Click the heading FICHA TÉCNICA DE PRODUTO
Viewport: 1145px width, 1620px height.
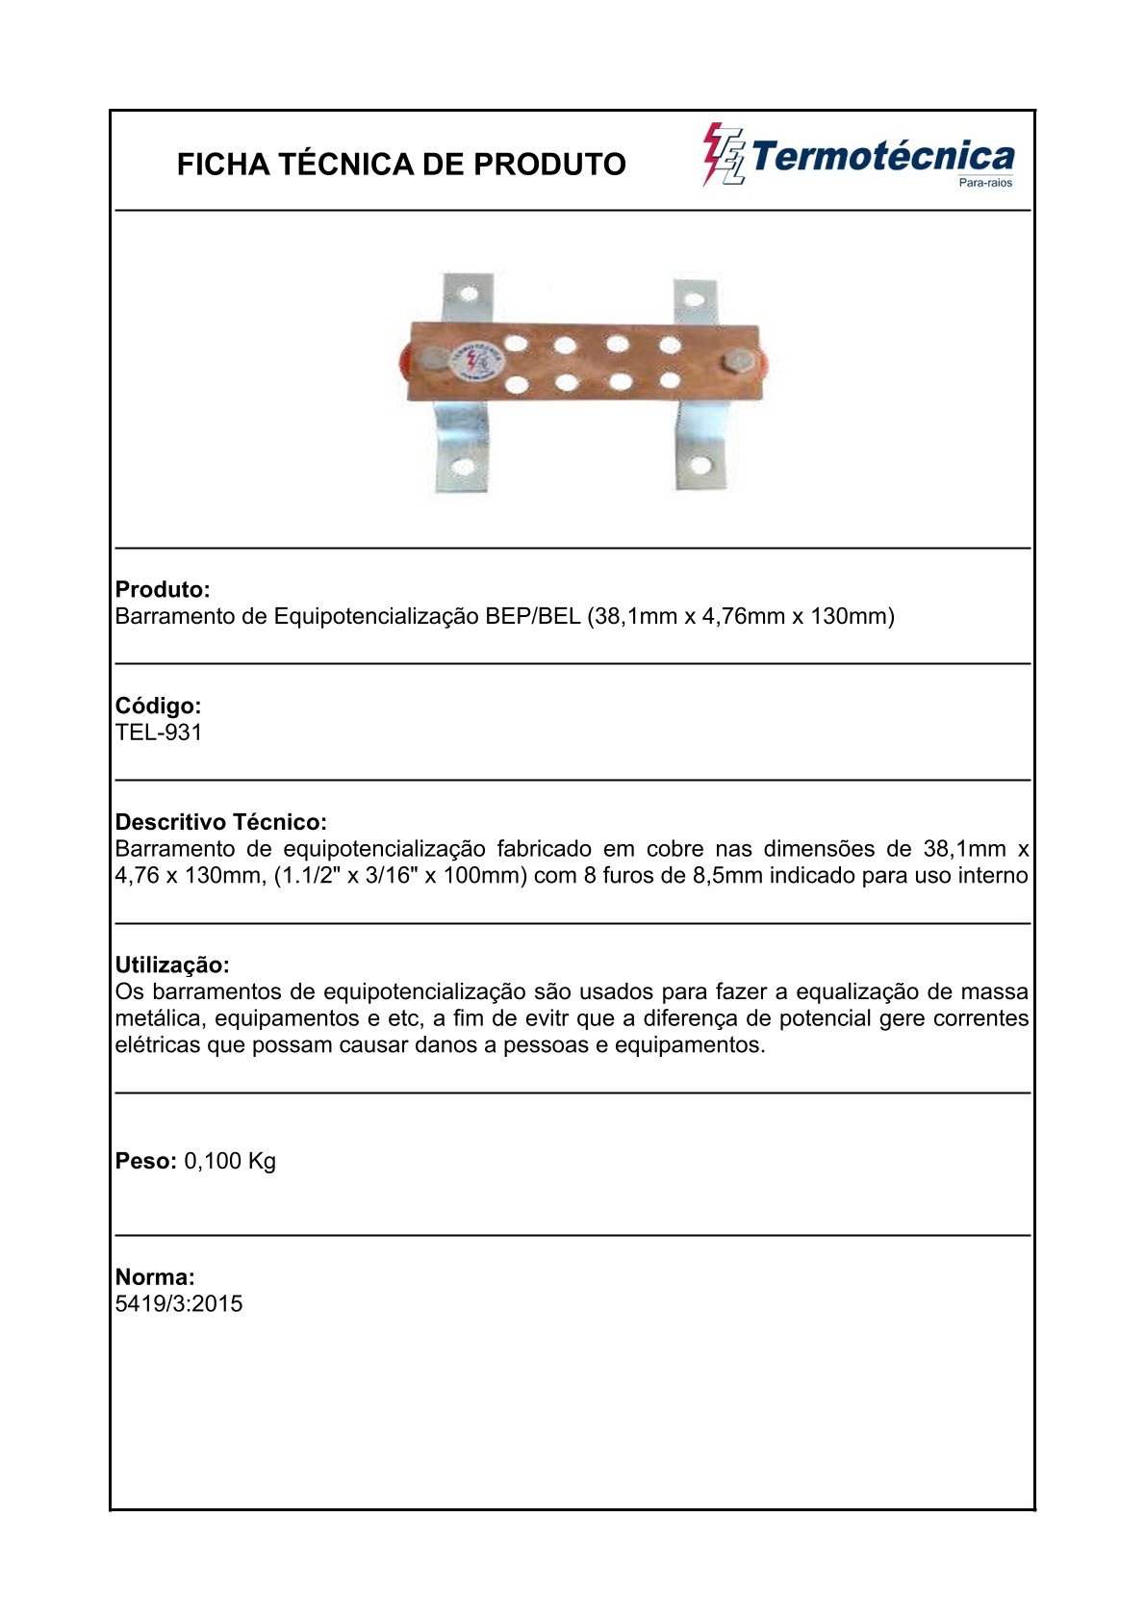coord(401,165)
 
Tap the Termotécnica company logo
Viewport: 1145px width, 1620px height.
coord(857,155)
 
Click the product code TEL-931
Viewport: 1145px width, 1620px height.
coord(159,733)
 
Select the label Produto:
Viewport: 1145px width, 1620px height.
coord(163,589)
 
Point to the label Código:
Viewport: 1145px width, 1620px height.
coord(159,706)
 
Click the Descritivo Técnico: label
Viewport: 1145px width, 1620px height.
coord(221,822)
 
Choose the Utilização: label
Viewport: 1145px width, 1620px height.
coord(172,964)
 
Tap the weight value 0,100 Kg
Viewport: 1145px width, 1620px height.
coord(230,1161)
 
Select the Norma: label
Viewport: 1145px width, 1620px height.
coord(155,1277)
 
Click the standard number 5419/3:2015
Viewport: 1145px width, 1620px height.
coord(179,1304)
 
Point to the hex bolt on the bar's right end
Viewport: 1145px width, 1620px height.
coord(738,363)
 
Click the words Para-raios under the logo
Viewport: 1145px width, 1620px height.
coord(986,183)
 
